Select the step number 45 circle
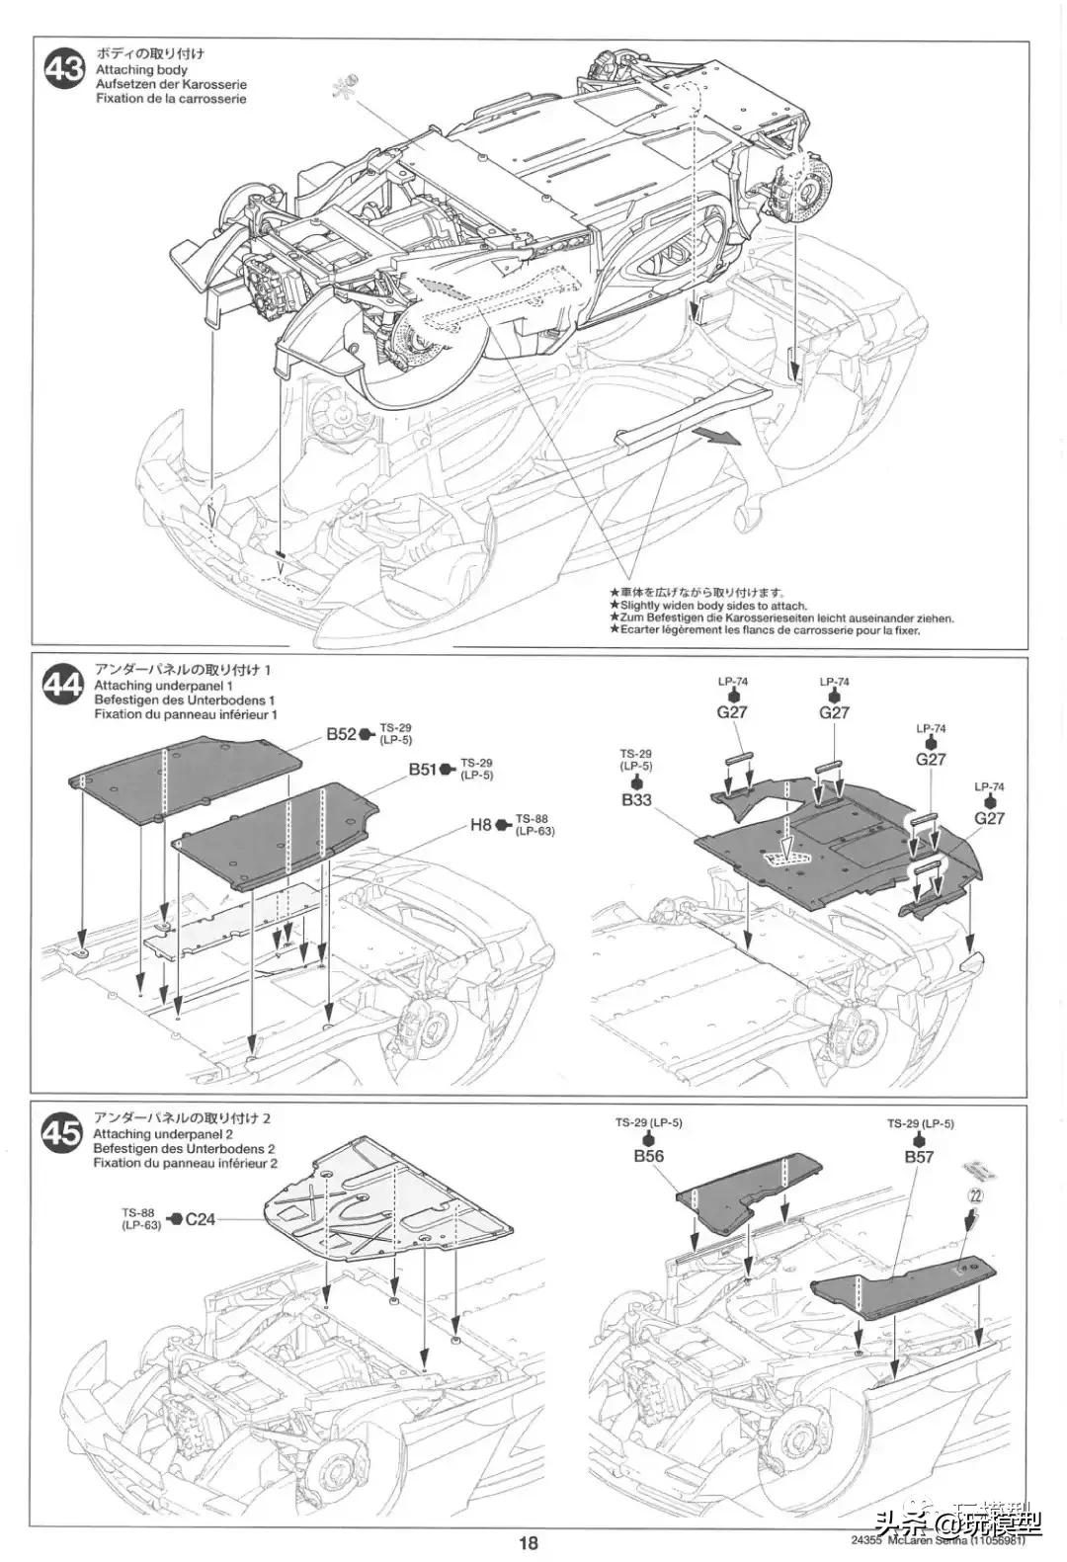pyautogui.click(x=64, y=1136)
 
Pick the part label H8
pyautogui.click(x=480, y=823)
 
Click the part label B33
pyautogui.click(x=636, y=799)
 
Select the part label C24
pyautogui.click(x=200, y=1218)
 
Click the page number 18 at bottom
pyautogui.click(x=528, y=1543)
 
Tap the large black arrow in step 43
pyautogui.click(x=715, y=436)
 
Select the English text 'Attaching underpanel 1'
pyautogui.click(x=163, y=686)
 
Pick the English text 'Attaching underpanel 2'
pyautogui.click(x=163, y=1134)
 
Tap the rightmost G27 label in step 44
pyautogui.click(x=988, y=817)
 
